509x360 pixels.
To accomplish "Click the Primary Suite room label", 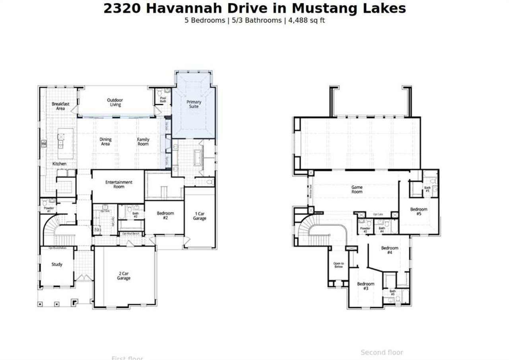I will [194, 104].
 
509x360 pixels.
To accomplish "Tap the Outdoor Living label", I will [115, 103].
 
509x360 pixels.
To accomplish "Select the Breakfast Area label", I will [60, 106].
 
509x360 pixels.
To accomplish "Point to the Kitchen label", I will [59, 164].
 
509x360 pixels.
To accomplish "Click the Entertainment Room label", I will [119, 184].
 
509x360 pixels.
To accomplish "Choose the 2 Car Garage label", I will [124, 276].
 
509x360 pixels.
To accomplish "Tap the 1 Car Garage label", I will [200, 216].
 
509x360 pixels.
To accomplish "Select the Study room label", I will [57, 264].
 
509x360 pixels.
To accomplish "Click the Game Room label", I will [357, 189].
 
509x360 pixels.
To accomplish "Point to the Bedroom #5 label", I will [419, 211].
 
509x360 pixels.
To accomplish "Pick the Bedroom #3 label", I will [365, 286].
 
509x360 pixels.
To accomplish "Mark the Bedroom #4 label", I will [389, 250].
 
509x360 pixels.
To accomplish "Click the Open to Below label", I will [338, 265].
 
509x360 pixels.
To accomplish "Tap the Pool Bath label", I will [163, 99].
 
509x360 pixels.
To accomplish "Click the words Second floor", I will [382, 352].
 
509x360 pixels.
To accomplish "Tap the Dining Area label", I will [105, 142].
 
